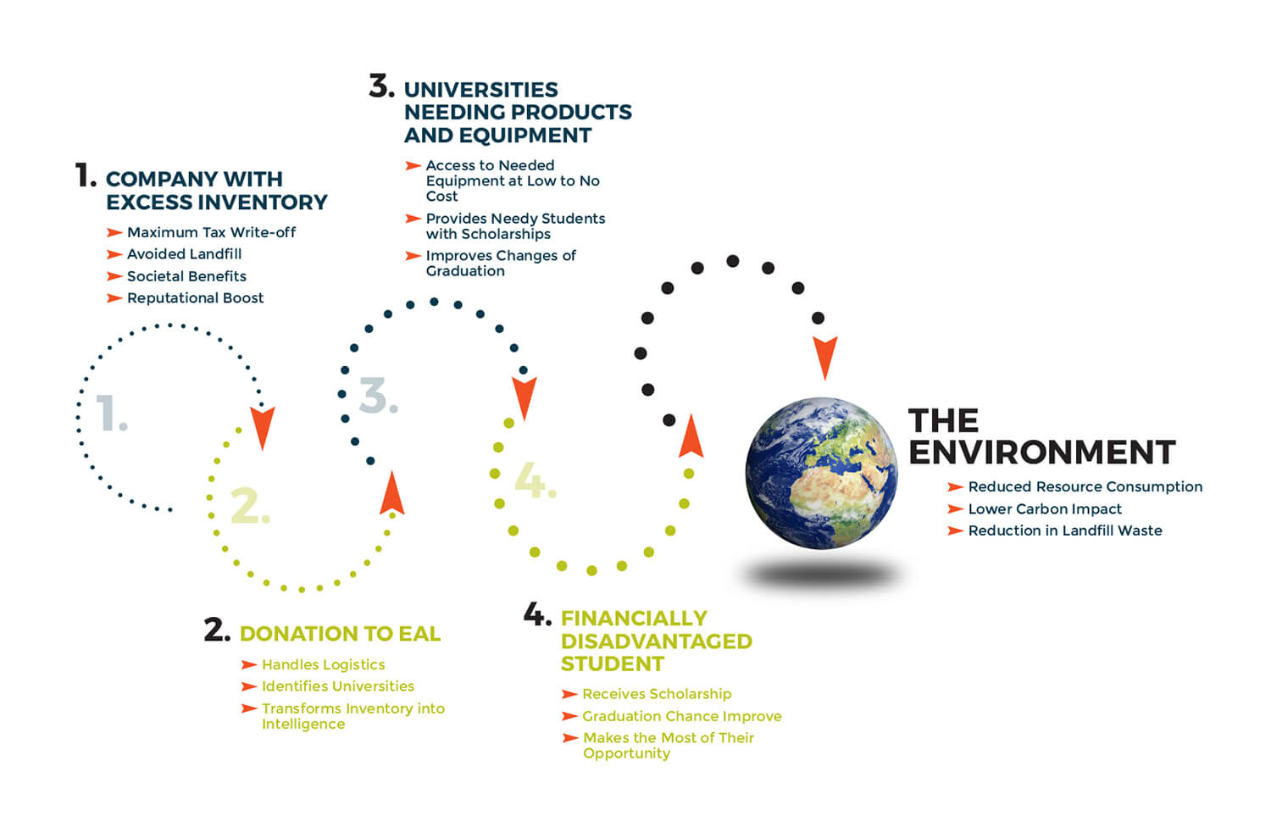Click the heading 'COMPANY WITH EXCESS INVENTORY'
coord(217,191)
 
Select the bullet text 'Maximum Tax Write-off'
coord(212,232)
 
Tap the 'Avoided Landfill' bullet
coord(185,254)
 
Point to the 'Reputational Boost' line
coord(195,297)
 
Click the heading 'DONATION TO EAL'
coord(341,634)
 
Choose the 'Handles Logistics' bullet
coord(324,664)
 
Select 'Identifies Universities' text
coord(338,686)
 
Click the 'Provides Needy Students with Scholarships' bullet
coord(516,226)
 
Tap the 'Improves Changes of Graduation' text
coord(501,264)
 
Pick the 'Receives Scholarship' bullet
coord(657,694)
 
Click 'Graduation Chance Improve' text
coord(682,716)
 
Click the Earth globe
coord(822,473)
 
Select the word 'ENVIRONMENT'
coord(1042,453)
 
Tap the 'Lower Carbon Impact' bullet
coord(1045,508)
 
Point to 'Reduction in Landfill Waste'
coord(1065,530)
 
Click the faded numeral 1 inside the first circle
coord(111,413)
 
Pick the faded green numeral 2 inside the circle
coord(250,505)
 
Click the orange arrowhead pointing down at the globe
coord(825,358)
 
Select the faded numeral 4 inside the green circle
coord(535,480)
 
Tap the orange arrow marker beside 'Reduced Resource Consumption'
coord(956,486)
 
